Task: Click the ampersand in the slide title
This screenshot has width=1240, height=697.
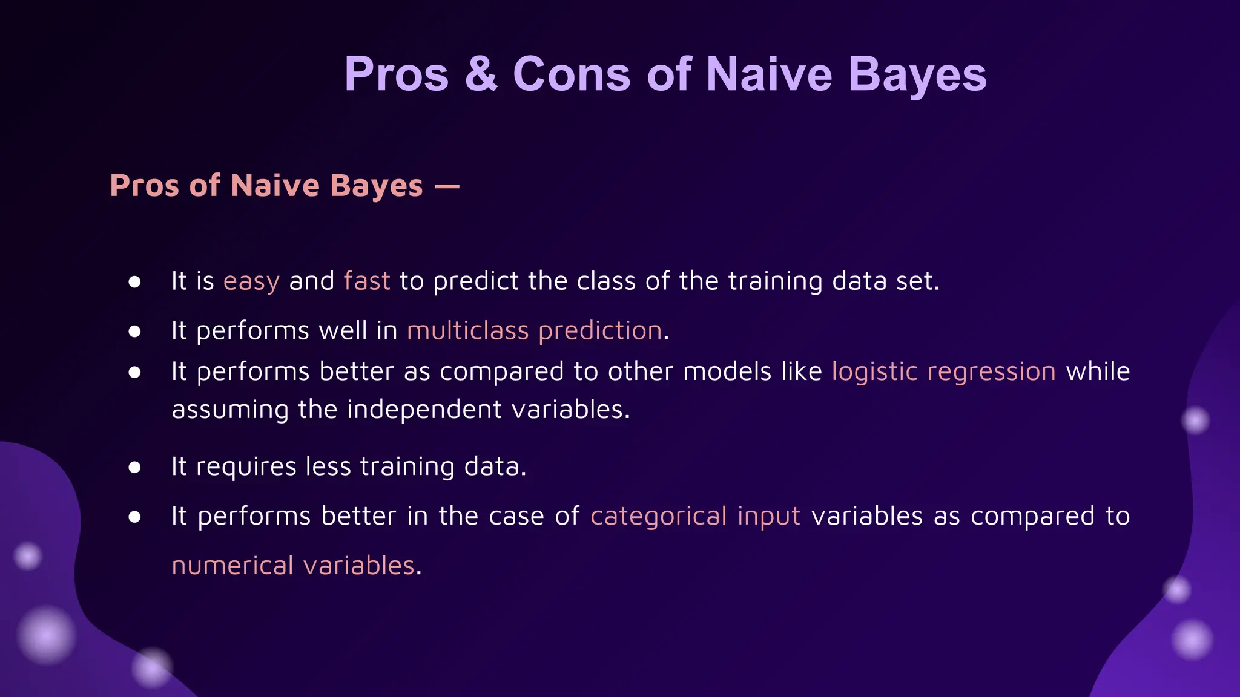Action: pyautogui.click(x=481, y=74)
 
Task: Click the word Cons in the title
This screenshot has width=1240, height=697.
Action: pyautogui.click(x=572, y=74)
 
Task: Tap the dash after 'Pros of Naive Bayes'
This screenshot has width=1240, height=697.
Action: pyautogui.click(x=447, y=186)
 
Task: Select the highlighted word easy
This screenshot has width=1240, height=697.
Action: pyautogui.click(x=251, y=282)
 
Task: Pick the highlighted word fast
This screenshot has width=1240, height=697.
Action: pyautogui.click(x=367, y=281)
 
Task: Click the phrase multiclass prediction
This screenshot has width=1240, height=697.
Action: pyautogui.click(x=535, y=331)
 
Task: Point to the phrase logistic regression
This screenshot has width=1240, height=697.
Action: pyautogui.click(x=944, y=371)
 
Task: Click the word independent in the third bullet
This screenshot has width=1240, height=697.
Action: pyautogui.click(x=424, y=410)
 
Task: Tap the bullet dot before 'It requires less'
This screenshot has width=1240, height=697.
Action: pyautogui.click(x=135, y=467)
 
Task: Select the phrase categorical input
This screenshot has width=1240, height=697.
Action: pyautogui.click(x=695, y=517)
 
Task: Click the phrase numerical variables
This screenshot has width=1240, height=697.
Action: pyautogui.click(x=293, y=566)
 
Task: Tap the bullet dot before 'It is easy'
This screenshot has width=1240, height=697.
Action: pyautogui.click(x=135, y=282)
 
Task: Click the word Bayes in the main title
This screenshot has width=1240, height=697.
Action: pyautogui.click(x=917, y=74)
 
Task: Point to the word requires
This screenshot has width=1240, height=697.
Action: pyautogui.click(x=246, y=467)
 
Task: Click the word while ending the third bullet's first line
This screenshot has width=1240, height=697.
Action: pyautogui.click(x=1098, y=371)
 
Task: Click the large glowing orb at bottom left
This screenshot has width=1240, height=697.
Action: pyautogui.click(x=46, y=635)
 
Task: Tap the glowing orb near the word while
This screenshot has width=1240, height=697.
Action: pyautogui.click(x=1195, y=420)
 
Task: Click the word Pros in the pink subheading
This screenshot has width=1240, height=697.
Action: pyautogui.click(x=145, y=186)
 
